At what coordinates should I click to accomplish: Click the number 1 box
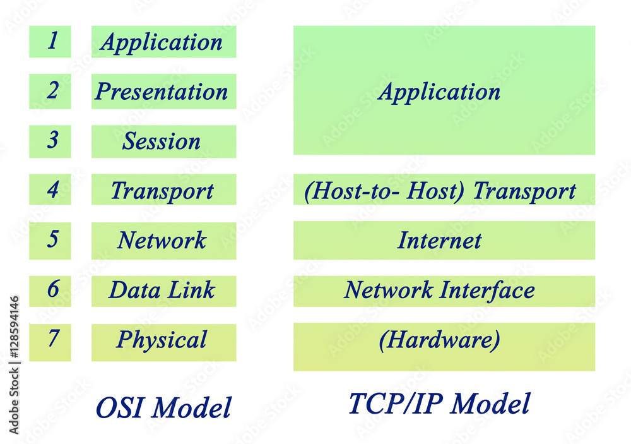tap(50, 42)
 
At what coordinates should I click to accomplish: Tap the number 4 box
tap(50, 189)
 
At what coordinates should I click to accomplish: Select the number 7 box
tap(50, 342)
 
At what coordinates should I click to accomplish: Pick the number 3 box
tap(50, 141)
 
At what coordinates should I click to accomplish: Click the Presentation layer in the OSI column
tap(163, 92)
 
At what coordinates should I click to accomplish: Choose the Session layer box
tap(163, 141)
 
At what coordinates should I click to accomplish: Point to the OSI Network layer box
tap(163, 240)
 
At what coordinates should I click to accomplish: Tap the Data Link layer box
tap(163, 291)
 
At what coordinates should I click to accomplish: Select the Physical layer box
tap(163, 342)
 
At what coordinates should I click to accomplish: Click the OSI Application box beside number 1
tap(163, 42)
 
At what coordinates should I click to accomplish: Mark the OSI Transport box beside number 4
tap(163, 189)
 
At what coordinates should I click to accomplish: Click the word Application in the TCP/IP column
tap(439, 92)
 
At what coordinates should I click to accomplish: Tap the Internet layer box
tap(444, 240)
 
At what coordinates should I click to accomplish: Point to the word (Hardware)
tap(440, 340)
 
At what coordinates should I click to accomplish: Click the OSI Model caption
tap(163, 407)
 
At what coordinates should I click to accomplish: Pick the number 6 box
tap(50, 291)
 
